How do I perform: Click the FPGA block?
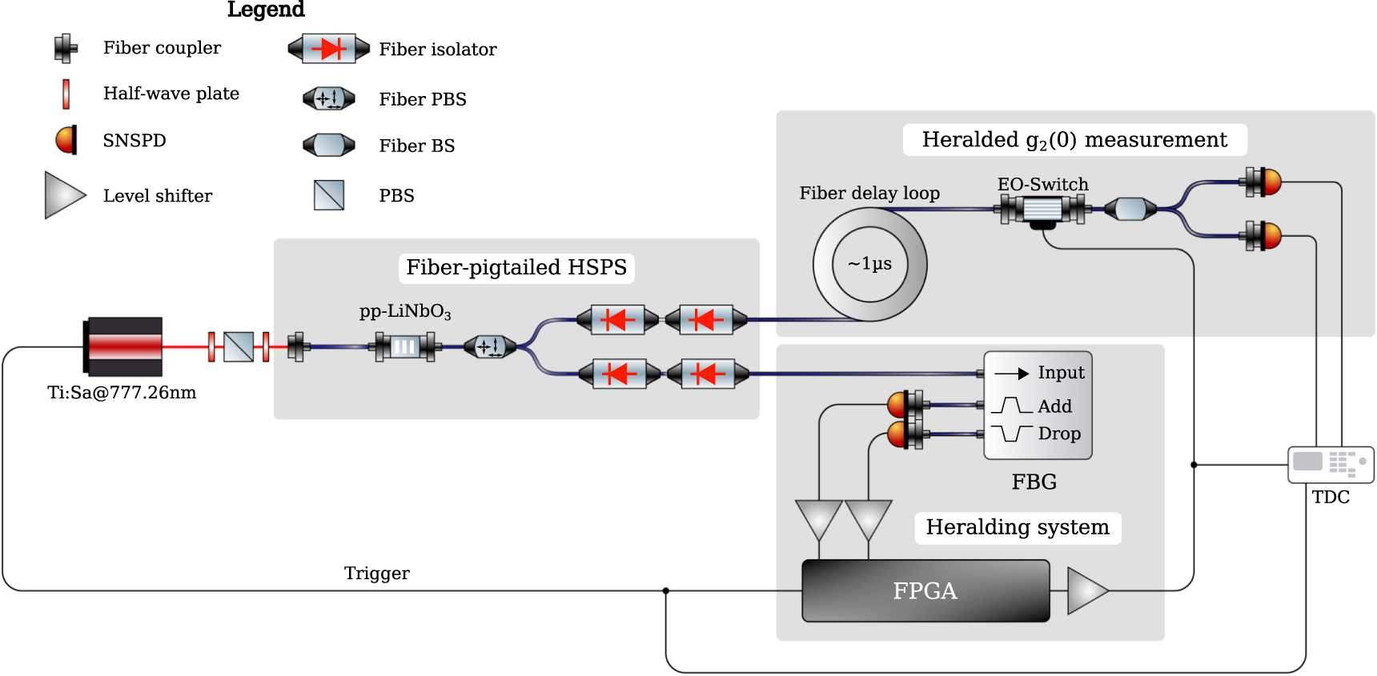point(925,590)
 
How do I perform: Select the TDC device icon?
point(1330,464)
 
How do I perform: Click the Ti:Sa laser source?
point(124,346)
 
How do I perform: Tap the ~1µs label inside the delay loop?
point(869,264)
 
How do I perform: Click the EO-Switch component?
point(1042,210)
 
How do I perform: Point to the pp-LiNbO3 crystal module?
point(405,346)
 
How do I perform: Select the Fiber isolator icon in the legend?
point(329,49)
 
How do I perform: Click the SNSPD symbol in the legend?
point(66,140)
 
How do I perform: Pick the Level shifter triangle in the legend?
point(64,195)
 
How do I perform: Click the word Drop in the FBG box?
point(1058,434)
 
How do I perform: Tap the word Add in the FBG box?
point(1054,406)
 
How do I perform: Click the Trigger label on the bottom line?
point(376,573)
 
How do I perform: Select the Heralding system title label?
point(1017,527)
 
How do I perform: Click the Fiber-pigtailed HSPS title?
point(516,267)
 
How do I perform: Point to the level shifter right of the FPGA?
point(1086,590)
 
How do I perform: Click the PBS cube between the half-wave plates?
point(239,346)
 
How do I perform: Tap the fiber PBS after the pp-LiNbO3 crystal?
point(489,346)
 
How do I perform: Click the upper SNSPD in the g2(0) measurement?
point(1267,182)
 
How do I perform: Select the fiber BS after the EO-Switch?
point(1130,210)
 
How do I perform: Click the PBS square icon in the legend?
point(329,195)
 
